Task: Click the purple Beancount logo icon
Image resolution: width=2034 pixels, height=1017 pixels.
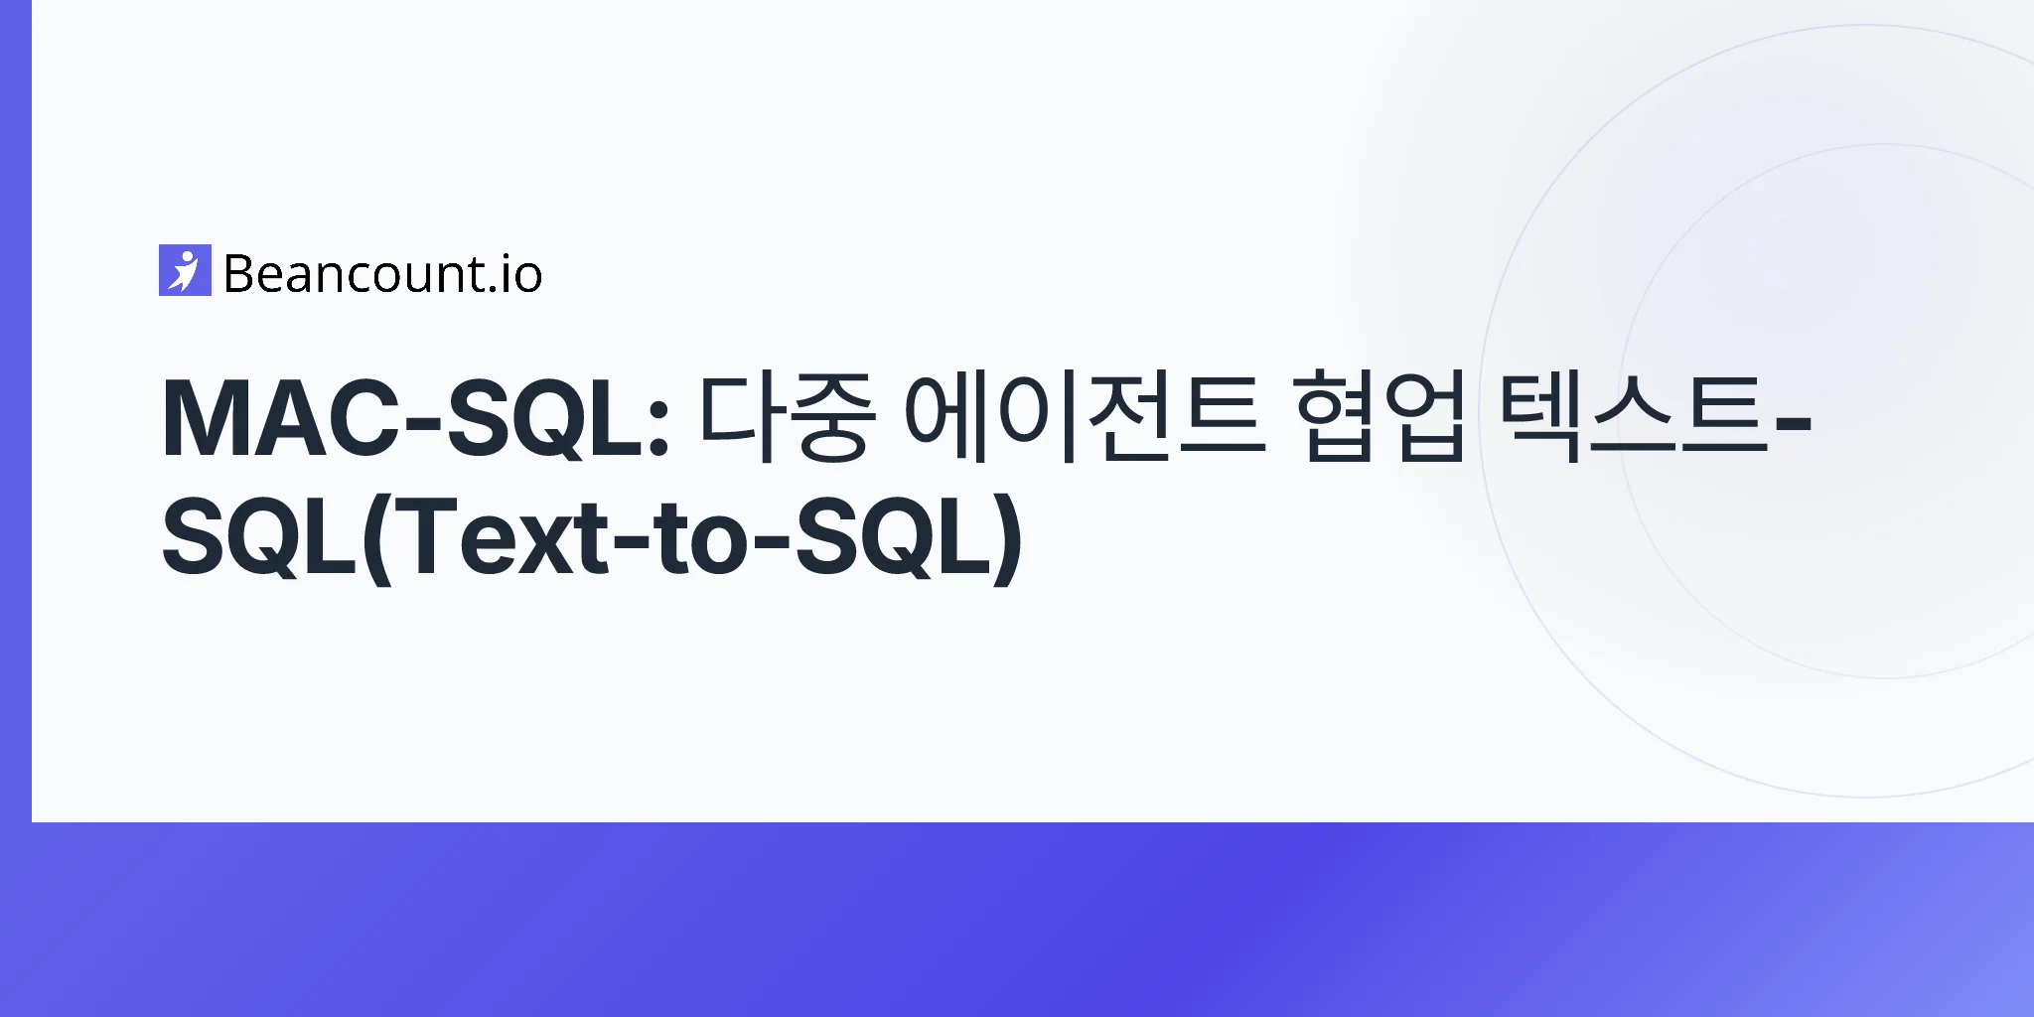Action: [x=185, y=270]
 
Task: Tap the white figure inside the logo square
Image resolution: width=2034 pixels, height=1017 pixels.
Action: [x=184, y=270]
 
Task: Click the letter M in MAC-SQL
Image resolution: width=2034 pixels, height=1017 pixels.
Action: [x=203, y=419]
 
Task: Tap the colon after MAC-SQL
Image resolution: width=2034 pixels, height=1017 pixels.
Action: [x=657, y=431]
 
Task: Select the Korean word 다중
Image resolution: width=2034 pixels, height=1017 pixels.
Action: [x=786, y=418]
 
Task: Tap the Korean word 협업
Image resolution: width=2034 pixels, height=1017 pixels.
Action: [x=1381, y=418]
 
